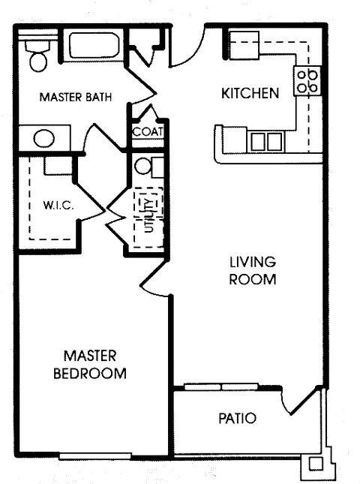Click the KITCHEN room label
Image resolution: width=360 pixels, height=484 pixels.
point(250,93)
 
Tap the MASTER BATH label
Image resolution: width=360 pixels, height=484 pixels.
point(76,98)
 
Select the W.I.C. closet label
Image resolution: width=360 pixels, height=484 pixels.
point(58,206)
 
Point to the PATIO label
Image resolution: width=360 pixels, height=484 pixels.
point(238,419)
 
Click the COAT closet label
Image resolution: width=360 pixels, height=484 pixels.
point(148,132)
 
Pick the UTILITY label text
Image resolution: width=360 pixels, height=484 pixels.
point(148,215)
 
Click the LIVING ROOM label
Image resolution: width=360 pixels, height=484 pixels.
point(253,271)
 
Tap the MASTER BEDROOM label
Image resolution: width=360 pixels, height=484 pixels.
point(90,365)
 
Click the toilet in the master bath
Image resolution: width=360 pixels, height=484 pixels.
point(37,56)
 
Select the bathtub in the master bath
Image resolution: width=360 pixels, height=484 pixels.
point(94,45)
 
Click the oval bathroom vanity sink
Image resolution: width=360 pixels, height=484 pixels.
point(44,138)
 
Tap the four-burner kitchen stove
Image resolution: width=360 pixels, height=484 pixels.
point(307,81)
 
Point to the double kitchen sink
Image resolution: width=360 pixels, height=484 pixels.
point(266,142)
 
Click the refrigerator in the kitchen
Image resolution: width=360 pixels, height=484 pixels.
point(244,45)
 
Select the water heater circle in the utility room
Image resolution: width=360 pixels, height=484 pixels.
point(142,166)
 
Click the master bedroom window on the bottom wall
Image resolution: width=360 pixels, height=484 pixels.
point(95,456)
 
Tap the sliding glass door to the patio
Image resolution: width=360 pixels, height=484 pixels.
point(221,386)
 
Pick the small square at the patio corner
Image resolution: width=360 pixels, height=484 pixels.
point(316,463)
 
